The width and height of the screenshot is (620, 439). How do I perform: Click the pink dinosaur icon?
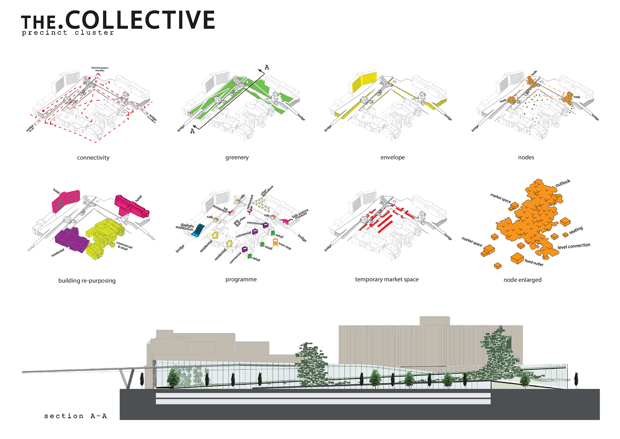tap(285, 221)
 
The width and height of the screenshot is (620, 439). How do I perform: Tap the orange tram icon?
tap(275, 242)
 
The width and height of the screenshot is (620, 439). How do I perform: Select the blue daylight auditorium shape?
tap(198, 230)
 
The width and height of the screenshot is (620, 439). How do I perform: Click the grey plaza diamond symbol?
tap(237, 223)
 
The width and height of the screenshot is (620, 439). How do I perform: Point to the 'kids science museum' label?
tap(300, 214)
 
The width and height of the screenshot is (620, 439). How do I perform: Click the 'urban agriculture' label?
tap(267, 191)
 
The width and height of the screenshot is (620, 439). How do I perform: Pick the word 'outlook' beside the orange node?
tap(563, 183)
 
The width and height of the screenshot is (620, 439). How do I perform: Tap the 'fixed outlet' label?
tap(534, 262)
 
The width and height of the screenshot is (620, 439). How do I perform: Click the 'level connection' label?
tap(573, 246)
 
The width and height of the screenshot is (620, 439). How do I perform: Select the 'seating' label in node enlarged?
tap(576, 230)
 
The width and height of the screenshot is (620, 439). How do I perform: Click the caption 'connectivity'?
tap(93, 158)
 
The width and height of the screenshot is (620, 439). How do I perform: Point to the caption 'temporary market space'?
tap(387, 279)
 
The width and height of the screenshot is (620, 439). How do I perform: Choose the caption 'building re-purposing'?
tap(87, 281)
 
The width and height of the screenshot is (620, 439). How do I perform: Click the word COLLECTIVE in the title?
tap(140, 20)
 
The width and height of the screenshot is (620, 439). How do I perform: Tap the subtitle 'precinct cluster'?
tap(68, 33)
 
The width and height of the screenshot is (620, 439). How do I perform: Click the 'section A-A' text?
tap(75, 416)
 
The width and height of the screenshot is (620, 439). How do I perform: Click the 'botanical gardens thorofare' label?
tap(100, 69)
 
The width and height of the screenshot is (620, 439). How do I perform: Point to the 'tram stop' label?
tap(285, 246)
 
